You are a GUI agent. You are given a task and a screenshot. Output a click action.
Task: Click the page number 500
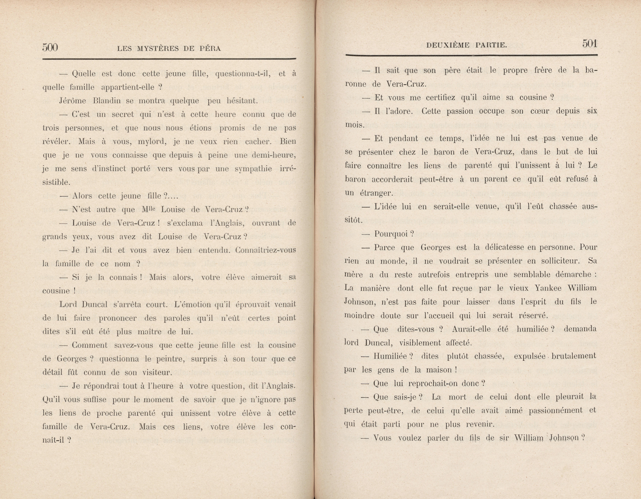click(x=50, y=47)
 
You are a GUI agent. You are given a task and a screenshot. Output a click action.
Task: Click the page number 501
click(x=590, y=44)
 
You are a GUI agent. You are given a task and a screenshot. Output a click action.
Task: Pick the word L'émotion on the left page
click(x=192, y=304)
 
